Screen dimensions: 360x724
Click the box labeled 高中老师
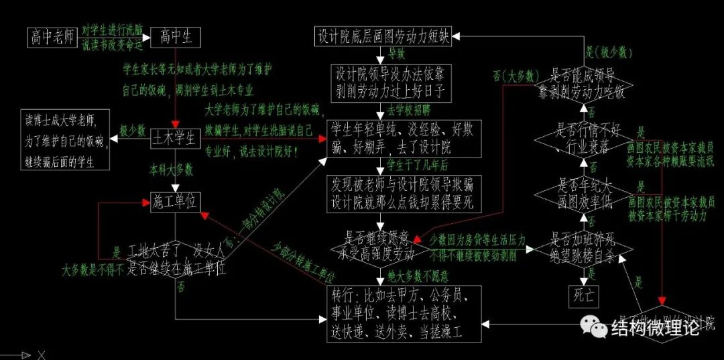click(51, 38)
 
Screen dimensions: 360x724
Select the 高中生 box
click(176, 38)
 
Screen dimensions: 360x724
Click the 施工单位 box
click(176, 200)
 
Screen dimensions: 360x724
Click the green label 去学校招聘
click(409, 108)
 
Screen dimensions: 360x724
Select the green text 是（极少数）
click(610, 52)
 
